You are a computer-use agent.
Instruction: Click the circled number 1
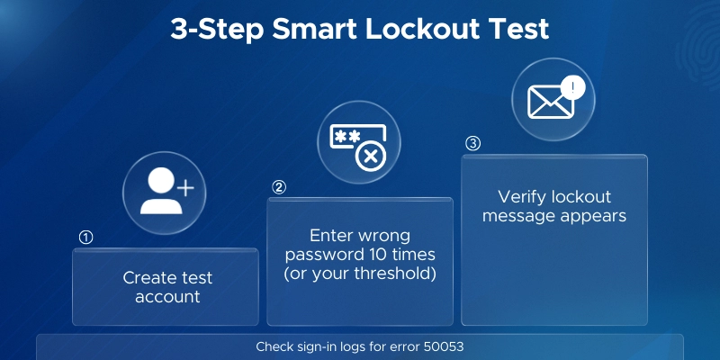pyautogui.click(x=86, y=238)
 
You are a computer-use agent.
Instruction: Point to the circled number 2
pyautogui.click(x=279, y=187)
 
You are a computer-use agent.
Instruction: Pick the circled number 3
pyautogui.click(x=472, y=144)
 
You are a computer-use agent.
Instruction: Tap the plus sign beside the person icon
pyautogui.click(x=185, y=189)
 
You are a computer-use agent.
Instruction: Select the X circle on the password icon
pyautogui.click(x=371, y=157)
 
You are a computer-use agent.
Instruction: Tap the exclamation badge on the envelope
pyautogui.click(x=572, y=87)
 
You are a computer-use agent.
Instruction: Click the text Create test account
pyautogui.click(x=167, y=287)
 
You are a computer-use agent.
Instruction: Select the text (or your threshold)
pyautogui.click(x=360, y=274)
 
